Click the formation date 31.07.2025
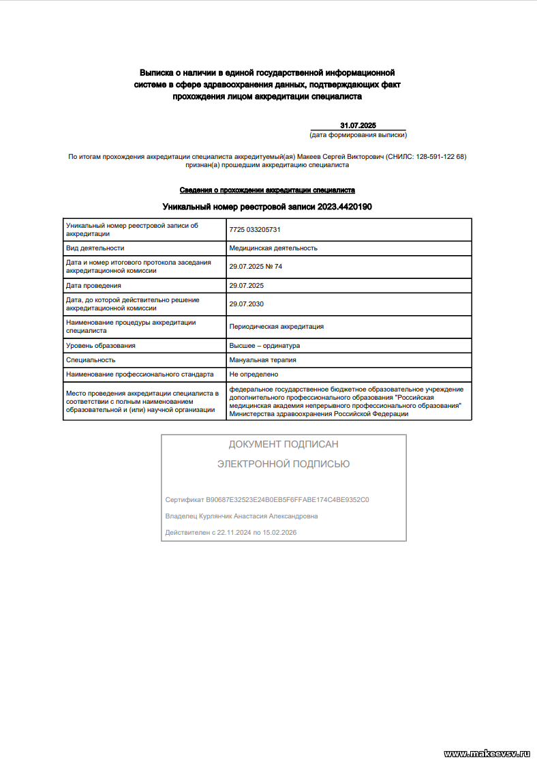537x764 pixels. point(358,126)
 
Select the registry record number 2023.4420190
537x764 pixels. point(344,207)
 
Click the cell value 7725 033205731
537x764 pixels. point(255,230)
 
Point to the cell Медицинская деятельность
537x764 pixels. point(273,248)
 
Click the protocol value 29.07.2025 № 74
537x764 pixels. point(256,267)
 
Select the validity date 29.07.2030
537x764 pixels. point(246,304)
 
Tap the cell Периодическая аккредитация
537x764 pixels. point(277,327)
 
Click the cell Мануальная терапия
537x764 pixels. point(262,359)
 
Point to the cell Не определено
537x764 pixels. point(254,374)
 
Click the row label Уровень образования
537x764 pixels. point(100,345)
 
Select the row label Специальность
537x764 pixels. point(91,359)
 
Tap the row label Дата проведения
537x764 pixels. point(93,285)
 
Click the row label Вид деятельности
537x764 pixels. point(95,248)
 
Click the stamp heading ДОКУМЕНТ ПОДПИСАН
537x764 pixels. point(283,444)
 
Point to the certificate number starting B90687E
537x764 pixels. point(287,500)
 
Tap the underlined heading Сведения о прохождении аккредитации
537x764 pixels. point(267,190)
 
